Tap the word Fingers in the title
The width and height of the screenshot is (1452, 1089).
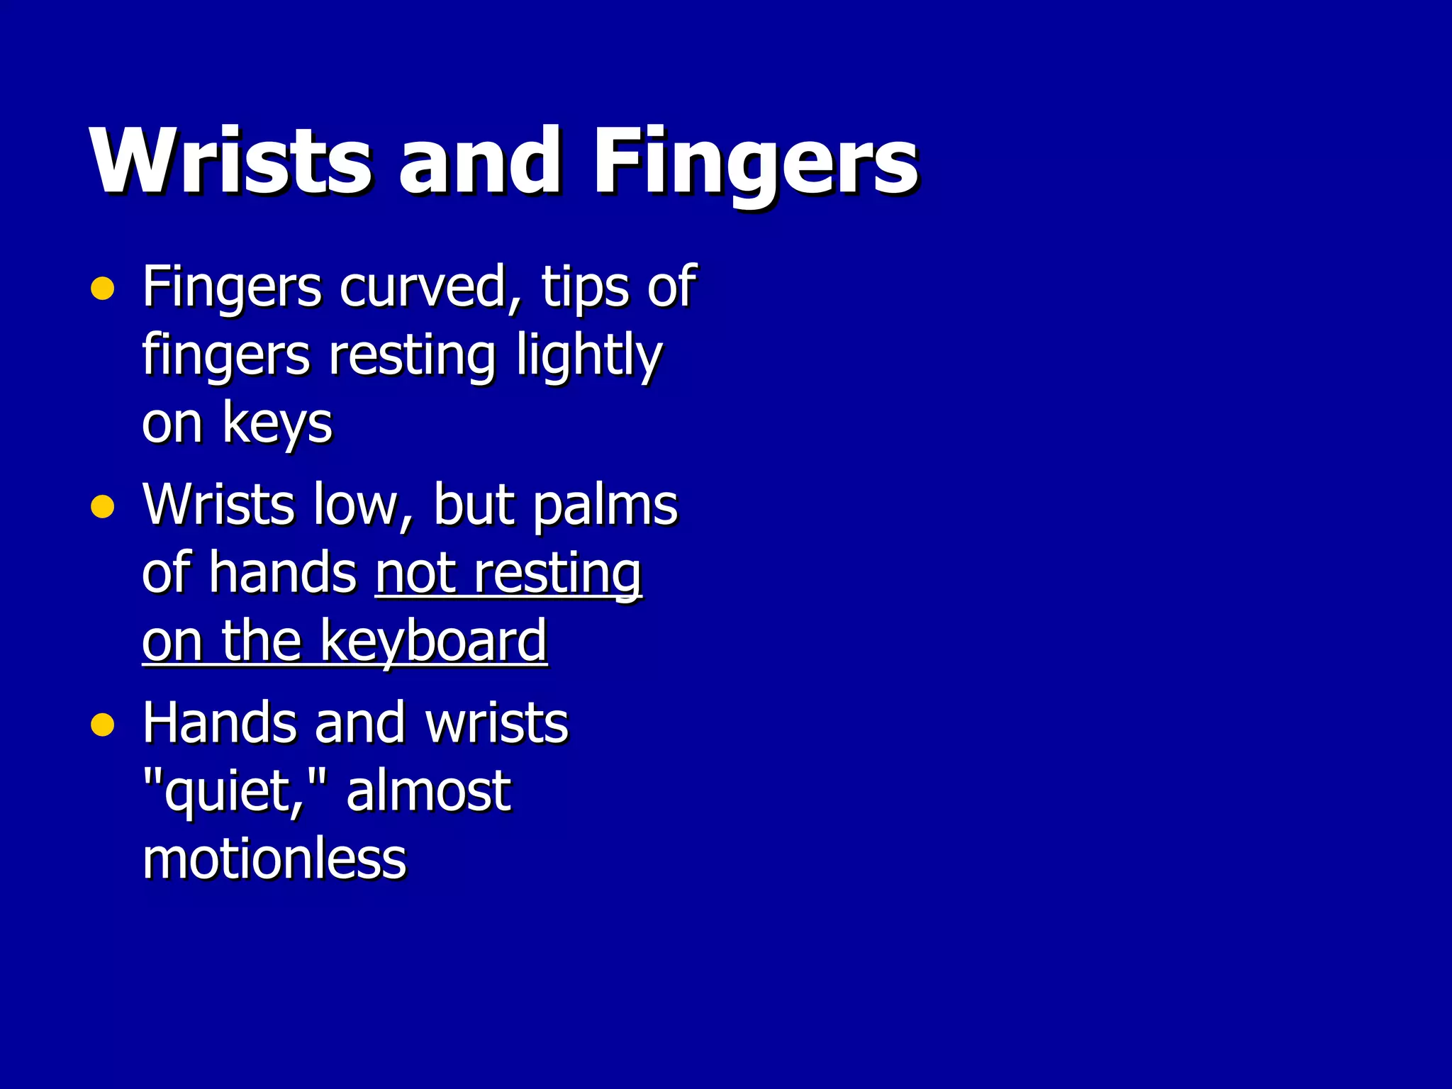756,162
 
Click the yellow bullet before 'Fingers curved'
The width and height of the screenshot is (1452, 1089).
103,289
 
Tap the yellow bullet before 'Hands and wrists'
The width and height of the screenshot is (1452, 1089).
103,725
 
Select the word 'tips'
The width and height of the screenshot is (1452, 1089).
581,287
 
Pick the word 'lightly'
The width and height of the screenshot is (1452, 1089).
588,356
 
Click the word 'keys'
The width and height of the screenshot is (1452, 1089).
277,424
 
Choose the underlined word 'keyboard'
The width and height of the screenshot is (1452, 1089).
433,642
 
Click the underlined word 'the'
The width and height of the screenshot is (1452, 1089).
262,641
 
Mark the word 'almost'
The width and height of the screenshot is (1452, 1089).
428,791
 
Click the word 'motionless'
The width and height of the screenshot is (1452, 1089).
274,859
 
